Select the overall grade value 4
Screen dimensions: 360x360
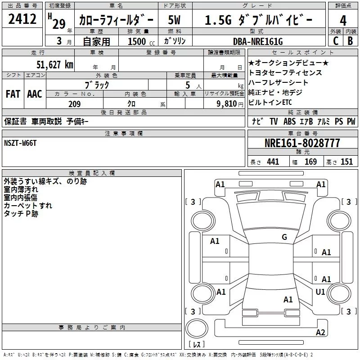[343, 21]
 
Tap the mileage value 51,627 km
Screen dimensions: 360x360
[55, 64]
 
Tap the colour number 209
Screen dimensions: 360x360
[74, 104]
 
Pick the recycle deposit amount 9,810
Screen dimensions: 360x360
[226, 104]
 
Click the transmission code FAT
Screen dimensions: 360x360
[13, 94]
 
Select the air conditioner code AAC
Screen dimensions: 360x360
[34, 94]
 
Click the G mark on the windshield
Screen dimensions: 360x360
[284, 237]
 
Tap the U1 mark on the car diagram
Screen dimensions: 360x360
[320, 292]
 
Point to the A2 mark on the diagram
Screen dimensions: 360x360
[320, 333]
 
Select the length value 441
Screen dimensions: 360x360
[273, 162]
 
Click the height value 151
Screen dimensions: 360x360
[346, 162]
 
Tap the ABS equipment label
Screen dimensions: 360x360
[290, 121]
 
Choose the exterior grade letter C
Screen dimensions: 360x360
[335, 41]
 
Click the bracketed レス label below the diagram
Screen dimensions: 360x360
[196, 345]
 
